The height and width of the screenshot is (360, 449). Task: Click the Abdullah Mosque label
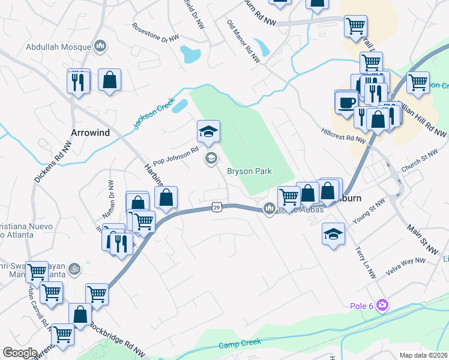[x=59, y=46]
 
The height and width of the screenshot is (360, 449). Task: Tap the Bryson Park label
[x=249, y=171]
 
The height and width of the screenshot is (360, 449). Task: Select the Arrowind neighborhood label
[x=90, y=133]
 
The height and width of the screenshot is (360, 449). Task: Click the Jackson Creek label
[x=152, y=113]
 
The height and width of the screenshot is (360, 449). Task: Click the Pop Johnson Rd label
[x=175, y=157]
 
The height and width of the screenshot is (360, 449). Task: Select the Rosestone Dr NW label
[x=155, y=32]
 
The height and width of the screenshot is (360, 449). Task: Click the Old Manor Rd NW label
[x=243, y=41]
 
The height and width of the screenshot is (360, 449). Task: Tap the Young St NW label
[x=368, y=212]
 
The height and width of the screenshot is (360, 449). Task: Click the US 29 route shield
[x=216, y=208]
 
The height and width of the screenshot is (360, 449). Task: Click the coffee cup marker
[x=346, y=102]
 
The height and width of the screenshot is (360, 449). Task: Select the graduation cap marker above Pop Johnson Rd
[x=208, y=131]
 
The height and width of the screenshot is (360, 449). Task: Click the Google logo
[x=20, y=353]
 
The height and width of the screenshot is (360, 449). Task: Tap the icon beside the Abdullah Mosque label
[x=101, y=46]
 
